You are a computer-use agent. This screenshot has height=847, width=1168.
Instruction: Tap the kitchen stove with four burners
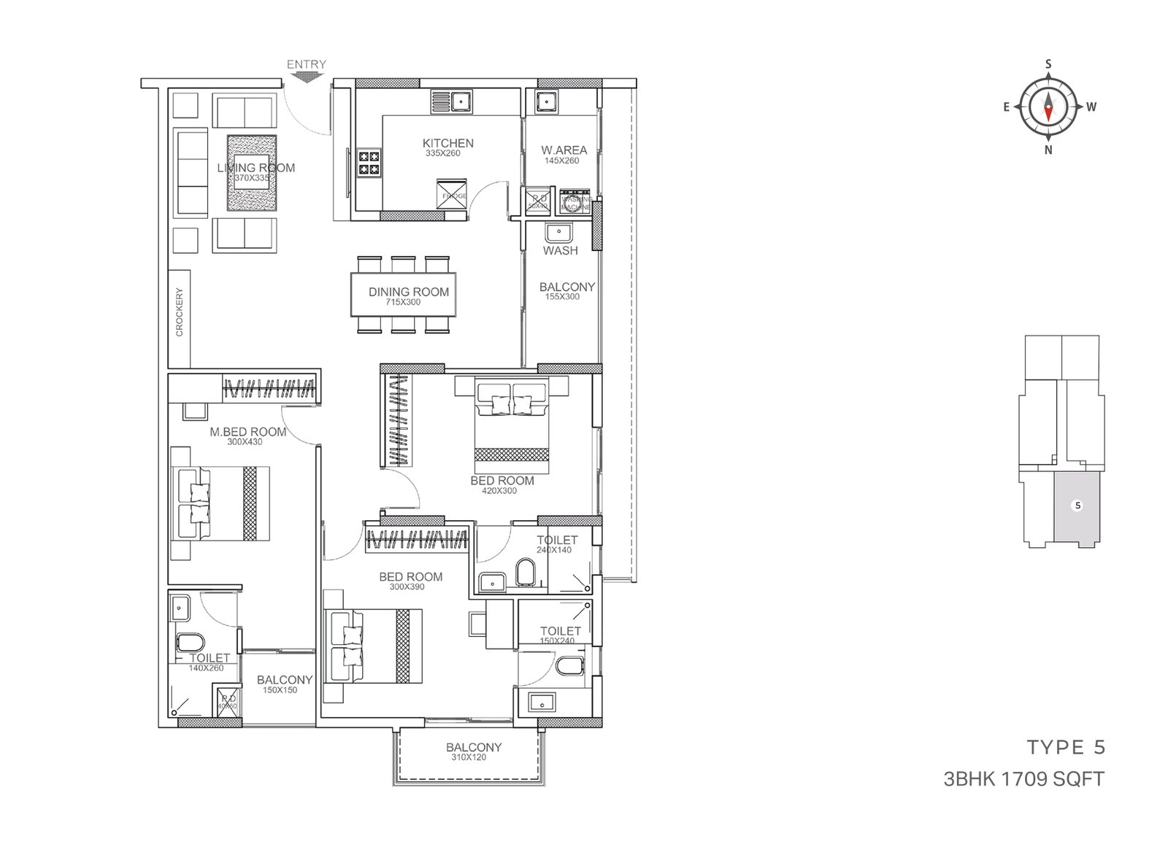(369, 162)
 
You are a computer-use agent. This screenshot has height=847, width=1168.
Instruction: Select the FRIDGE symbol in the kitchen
(451, 195)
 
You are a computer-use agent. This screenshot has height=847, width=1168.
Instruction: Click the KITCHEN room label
(448, 143)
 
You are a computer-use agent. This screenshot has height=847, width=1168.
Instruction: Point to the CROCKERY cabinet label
(180, 312)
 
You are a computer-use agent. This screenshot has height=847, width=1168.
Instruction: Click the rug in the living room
(252, 173)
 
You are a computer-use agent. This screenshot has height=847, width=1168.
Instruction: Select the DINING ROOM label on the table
(408, 292)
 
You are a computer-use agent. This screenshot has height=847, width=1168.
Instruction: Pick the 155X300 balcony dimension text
(562, 297)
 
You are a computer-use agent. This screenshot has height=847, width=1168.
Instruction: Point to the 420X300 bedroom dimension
(499, 491)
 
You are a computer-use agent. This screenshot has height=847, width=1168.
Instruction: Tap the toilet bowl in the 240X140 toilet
(525, 573)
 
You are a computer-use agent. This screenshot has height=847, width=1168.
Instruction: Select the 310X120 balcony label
(468, 757)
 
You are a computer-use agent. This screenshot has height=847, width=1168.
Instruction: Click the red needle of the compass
(1048, 112)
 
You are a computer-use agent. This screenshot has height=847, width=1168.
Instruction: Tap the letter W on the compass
(1091, 107)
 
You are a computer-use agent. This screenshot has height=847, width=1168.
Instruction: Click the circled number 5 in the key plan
(1077, 505)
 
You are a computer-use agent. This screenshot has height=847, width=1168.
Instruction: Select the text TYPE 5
(1066, 747)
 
